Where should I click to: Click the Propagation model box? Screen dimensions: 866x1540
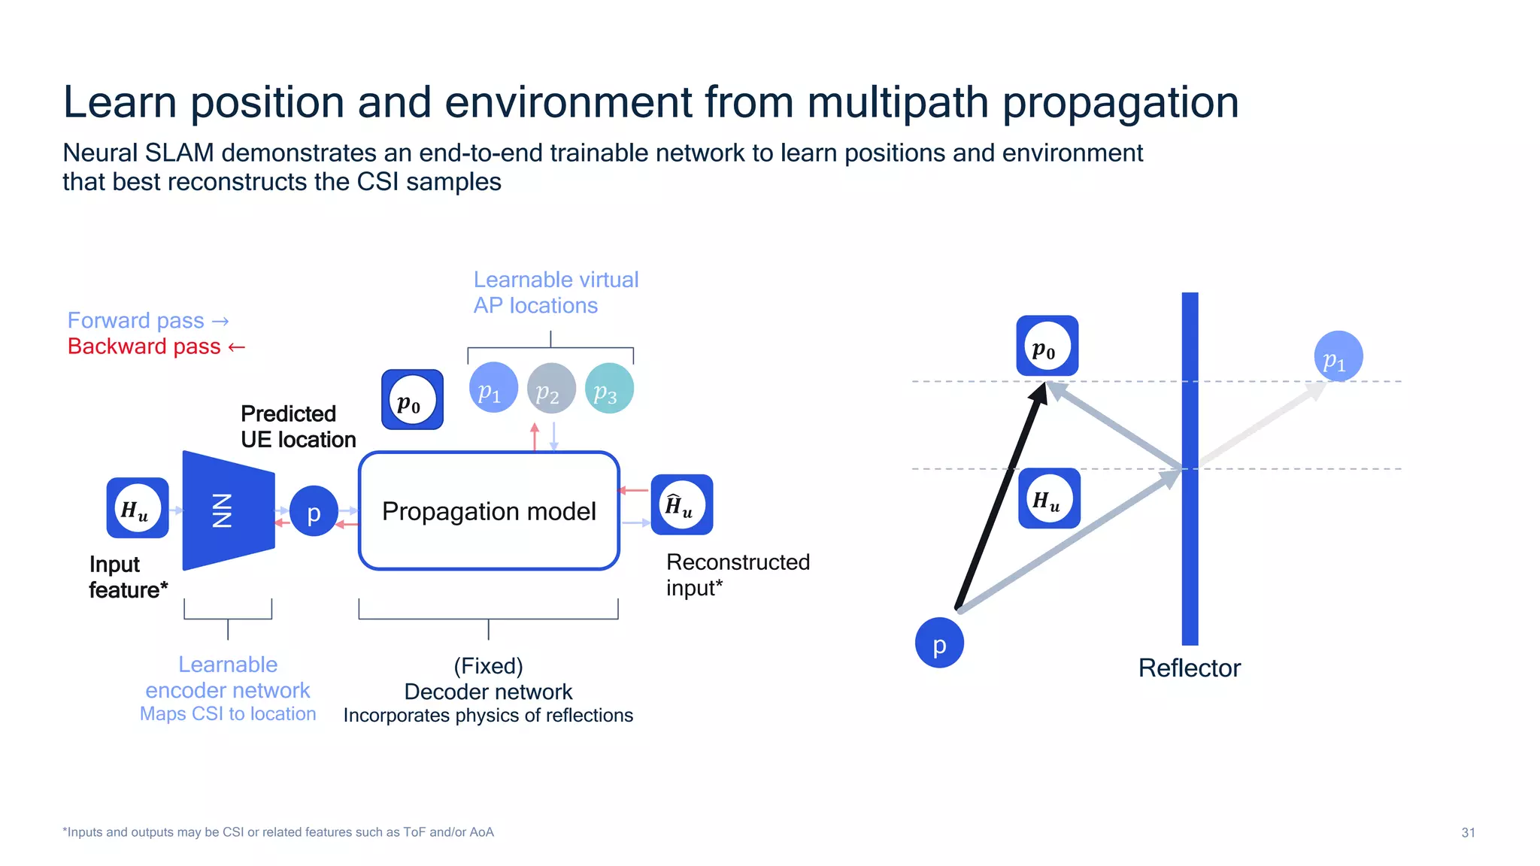[x=489, y=511]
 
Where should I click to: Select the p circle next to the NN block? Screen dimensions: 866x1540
[x=314, y=512]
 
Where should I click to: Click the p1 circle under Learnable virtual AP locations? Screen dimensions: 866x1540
[x=493, y=388]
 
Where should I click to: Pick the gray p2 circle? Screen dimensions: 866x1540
[x=551, y=389]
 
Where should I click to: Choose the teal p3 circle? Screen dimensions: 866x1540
[x=609, y=389]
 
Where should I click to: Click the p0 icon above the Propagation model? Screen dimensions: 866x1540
[x=412, y=400]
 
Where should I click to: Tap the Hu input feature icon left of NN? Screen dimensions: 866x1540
[x=138, y=508]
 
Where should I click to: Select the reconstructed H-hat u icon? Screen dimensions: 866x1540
[x=681, y=504]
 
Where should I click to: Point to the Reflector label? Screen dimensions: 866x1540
[x=1189, y=668]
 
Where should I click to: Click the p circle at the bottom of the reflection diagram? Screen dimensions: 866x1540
[x=939, y=643]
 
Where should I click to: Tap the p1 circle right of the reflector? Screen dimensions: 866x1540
[x=1338, y=356]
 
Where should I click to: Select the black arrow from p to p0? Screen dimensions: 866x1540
[x=1000, y=496]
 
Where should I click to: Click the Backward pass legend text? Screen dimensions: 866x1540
[x=144, y=347]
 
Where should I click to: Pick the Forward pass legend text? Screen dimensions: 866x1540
[x=136, y=321]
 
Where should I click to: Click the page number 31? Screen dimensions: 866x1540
[x=1468, y=832]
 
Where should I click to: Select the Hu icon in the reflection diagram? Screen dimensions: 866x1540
[x=1049, y=498]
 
